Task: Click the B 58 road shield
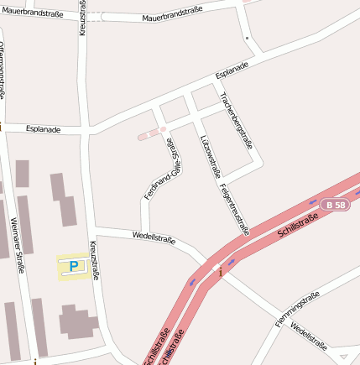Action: point(337,205)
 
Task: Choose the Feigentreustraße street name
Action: point(234,206)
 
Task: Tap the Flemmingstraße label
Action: point(298,309)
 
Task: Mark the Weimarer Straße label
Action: point(18,243)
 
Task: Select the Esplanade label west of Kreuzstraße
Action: point(43,129)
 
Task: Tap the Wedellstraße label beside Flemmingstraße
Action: point(309,333)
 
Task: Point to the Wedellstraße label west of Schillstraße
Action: point(154,238)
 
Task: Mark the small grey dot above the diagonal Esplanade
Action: point(247,38)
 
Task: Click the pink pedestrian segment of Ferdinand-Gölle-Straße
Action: point(152,133)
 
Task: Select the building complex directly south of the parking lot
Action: point(77,323)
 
